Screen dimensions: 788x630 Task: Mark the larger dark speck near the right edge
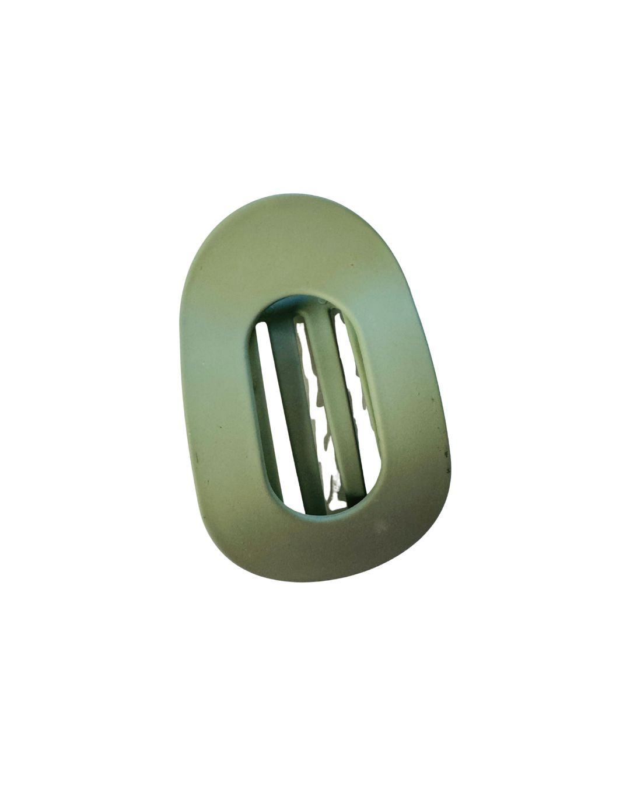coord(447,453)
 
